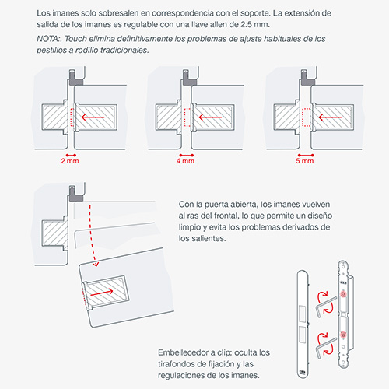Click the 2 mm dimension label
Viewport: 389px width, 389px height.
[x=70, y=161]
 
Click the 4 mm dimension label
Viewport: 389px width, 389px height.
[x=185, y=161]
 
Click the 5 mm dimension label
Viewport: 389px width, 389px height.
[x=305, y=161]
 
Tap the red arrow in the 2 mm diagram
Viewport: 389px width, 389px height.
[x=93, y=117]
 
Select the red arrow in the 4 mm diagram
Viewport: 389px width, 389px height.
[x=210, y=117]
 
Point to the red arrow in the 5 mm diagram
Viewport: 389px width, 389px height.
[x=330, y=117]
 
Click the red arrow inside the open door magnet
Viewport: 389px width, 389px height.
[x=102, y=293]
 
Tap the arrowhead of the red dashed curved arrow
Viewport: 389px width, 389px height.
[x=96, y=264]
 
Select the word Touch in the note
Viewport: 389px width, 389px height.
[x=75, y=39]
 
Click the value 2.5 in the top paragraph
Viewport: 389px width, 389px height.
[x=247, y=25]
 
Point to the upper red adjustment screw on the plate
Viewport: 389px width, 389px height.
[x=343, y=294]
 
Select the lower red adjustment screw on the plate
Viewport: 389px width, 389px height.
[x=343, y=335]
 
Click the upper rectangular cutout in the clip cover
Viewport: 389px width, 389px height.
[x=303, y=314]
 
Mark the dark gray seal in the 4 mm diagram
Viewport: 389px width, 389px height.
[x=188, y=79]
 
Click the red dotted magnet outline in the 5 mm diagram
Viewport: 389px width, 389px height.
[x=307, y=117]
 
